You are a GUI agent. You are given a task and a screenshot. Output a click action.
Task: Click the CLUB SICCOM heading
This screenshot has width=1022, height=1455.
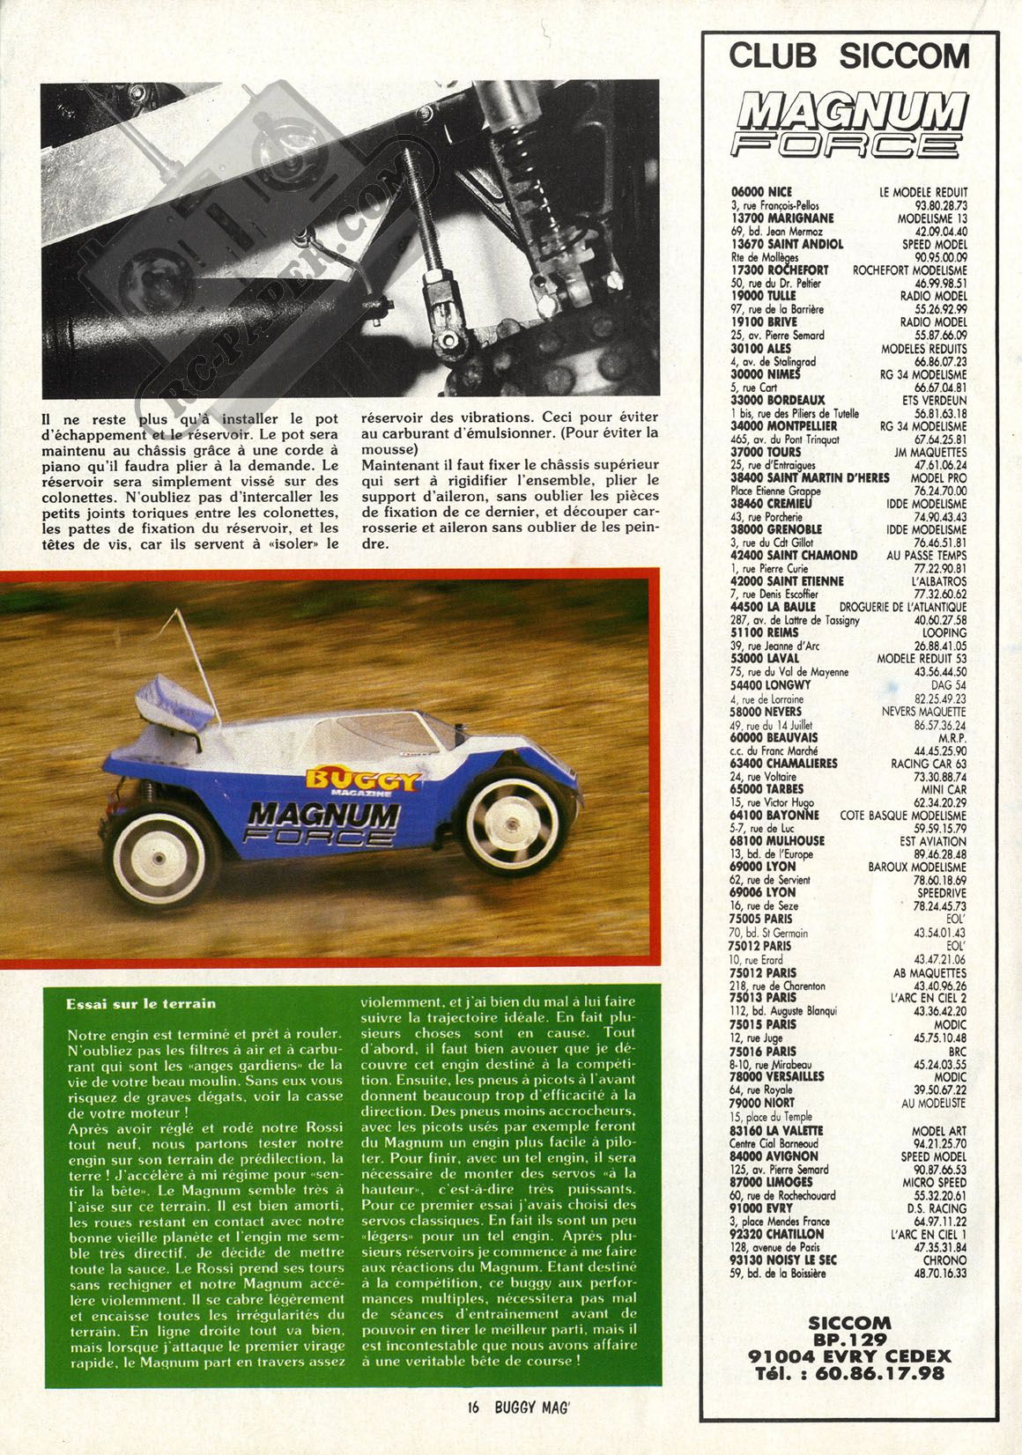(849, 56)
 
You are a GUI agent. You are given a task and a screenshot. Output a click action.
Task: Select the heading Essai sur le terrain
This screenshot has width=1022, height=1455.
(141, 1003)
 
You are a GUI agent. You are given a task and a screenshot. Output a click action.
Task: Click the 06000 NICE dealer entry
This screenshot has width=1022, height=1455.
(762, 191)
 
